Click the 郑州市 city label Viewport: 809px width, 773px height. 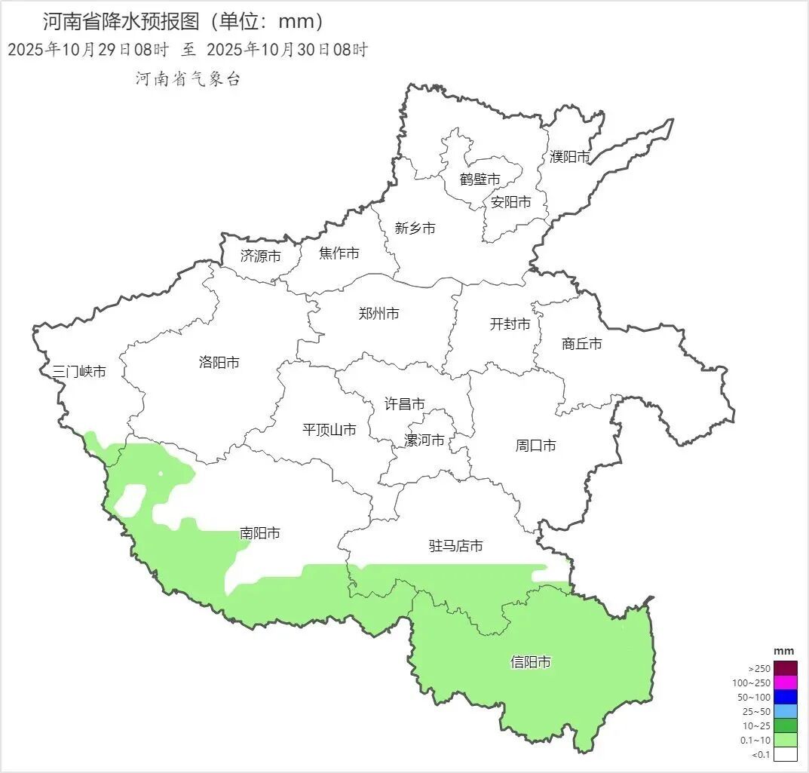point(378,314)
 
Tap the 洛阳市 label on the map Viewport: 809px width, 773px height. point(219,363)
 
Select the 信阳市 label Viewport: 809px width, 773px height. point(531,662)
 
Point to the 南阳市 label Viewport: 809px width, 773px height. point(260,533)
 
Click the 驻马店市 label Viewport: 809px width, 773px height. point(456,546)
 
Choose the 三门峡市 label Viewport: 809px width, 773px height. point(79,371)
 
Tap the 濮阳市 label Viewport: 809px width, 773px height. point(570,157)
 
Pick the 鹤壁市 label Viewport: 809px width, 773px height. point(480,179)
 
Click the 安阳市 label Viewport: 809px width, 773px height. point(511,202)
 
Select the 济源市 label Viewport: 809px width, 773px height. point(261,256)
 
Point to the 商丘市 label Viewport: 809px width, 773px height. point(582,344)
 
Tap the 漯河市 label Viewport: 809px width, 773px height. point(424,440)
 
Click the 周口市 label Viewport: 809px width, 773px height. point(536,446)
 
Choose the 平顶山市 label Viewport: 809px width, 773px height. point(329,430)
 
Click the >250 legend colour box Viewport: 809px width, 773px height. point(786,668)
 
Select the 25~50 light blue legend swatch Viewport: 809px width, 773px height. point(786,711)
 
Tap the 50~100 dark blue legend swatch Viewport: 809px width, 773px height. point(786,697)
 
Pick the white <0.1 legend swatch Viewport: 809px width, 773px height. point(786,754)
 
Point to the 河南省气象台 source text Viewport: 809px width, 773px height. point(188,78)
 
